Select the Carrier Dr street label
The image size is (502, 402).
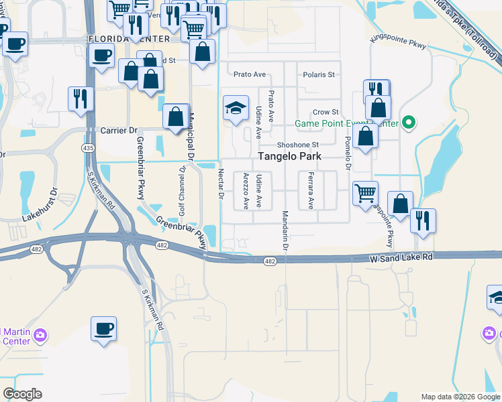click(118, 130)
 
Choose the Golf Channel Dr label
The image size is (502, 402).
click(182, 191)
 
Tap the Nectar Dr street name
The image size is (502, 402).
click(220, 184)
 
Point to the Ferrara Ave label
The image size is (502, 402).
click(311, 191)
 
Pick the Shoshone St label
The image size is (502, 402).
click(297, 145)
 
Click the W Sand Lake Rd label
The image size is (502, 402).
click(401, 257)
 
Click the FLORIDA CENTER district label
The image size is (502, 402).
click(129, 39)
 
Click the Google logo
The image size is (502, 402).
click(23, 394)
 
